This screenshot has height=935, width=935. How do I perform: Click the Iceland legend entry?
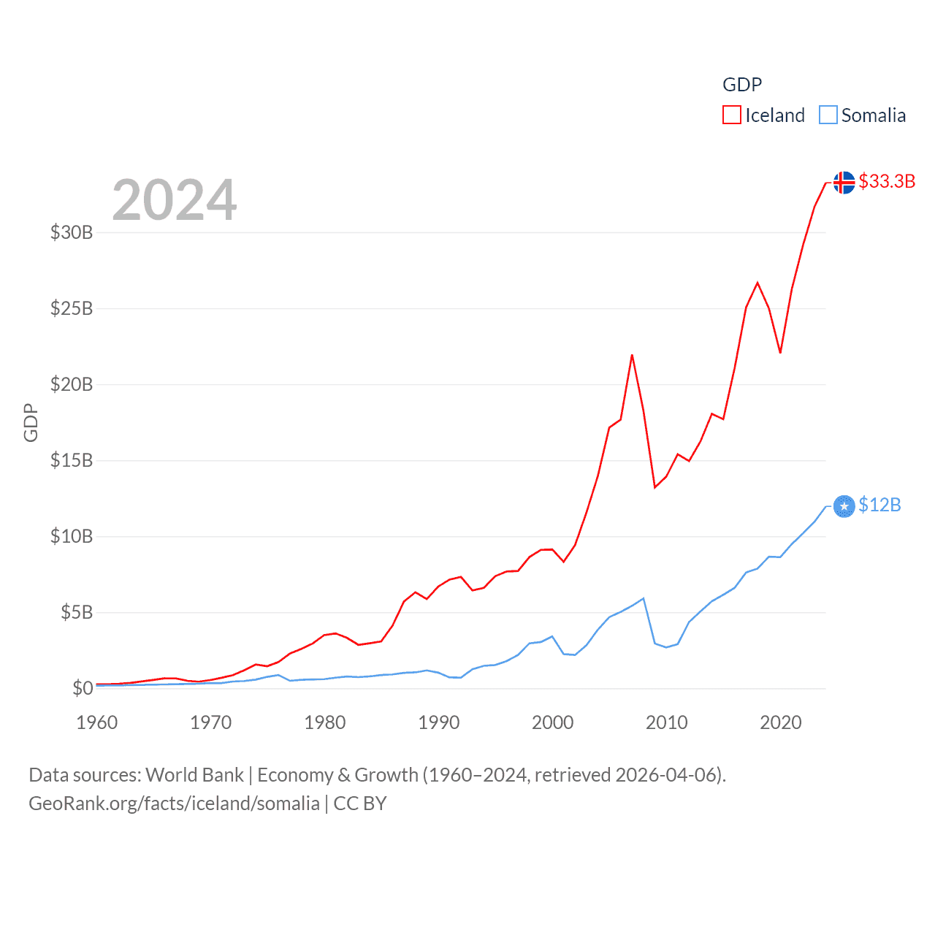coord(764,115)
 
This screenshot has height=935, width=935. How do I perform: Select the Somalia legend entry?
coord(863,115)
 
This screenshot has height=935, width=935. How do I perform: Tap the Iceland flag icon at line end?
coord(844,183)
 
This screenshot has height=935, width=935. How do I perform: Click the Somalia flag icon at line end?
coord(844,505)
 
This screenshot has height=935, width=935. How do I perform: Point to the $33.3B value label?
coord(887,181)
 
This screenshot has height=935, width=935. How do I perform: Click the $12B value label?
coord(879,505)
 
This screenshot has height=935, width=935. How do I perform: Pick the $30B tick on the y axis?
coord(72,232)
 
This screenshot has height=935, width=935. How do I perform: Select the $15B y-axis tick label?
coord(72,460)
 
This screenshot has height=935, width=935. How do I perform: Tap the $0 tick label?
coord(83,688)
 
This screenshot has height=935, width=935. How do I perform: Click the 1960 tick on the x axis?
coord(97,722)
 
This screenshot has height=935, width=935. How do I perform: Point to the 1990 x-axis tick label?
coord(439,722)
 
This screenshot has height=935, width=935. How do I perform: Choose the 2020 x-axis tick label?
coord(781,722)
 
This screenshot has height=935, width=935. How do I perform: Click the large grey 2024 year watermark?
coord(175,200)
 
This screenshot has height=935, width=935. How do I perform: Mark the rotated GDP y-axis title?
coord(31,422)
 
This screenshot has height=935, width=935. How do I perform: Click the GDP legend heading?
coord(742,85)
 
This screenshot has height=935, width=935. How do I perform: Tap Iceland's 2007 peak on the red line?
coord(632,356)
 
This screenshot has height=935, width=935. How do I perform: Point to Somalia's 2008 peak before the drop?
coord(643,599)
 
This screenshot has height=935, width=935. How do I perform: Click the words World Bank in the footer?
coord(194,774)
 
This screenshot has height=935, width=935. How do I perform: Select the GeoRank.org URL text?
coord(174,804)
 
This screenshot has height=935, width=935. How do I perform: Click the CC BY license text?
coord(360,804)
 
